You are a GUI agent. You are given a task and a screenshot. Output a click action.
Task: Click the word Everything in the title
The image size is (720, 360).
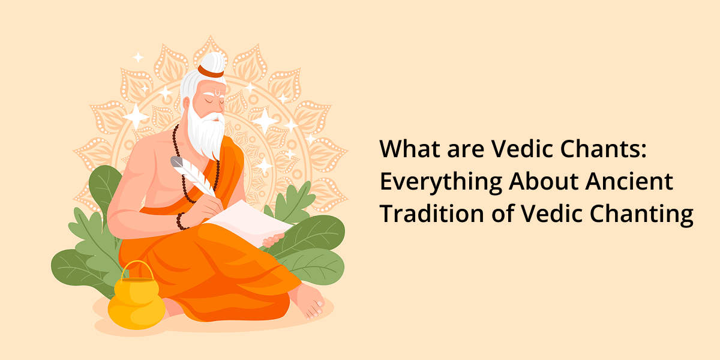(441, 182)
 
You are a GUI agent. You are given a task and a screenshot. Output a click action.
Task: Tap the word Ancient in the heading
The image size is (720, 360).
(629, 181)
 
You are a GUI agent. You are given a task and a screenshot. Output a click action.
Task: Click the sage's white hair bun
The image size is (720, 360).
(212, 62)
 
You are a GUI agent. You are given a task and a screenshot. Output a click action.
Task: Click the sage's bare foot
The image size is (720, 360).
(308, 301)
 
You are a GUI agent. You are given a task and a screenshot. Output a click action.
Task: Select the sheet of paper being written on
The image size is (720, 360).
(249, 222)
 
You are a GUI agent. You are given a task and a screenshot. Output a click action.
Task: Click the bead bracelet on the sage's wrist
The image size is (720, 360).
(181, 222)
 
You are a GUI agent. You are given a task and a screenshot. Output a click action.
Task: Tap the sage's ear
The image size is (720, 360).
(186, 104)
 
